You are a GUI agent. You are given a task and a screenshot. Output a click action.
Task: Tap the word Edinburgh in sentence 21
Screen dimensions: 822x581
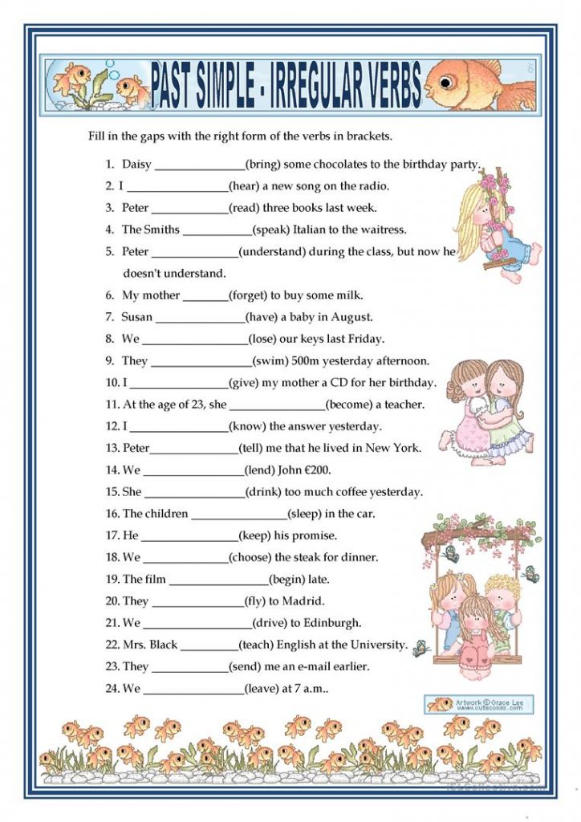click(x=331, y=622)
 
